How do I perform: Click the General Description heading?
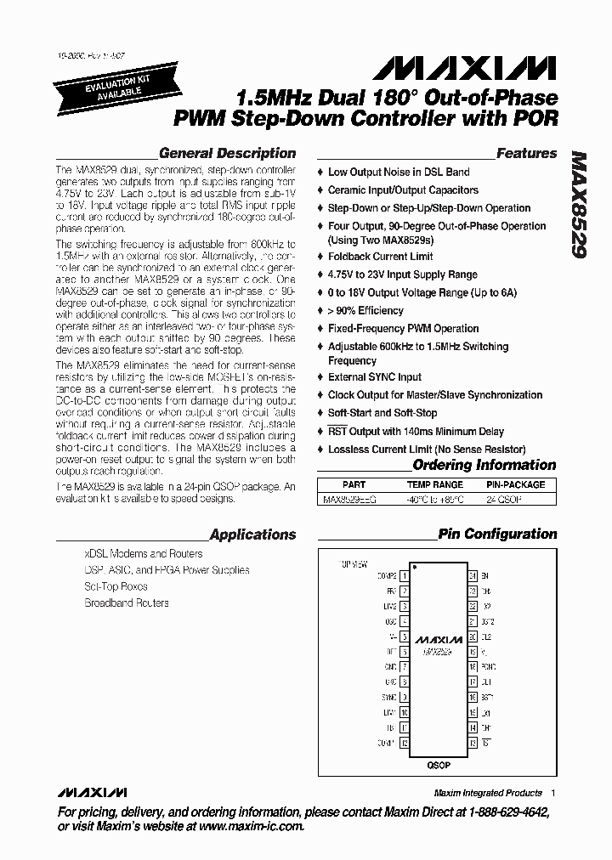pos(227,154)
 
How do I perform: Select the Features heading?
pos(526,154)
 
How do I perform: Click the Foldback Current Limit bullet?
pos(380,257)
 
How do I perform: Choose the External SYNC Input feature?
pos(374,377)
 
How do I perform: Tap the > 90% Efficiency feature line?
pos(365,311)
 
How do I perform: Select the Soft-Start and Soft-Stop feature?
pos(382,412)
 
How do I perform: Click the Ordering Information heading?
pos(484,465)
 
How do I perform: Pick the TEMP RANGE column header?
pos(436,484)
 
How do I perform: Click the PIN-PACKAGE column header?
pos(516,484)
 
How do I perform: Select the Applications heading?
pos(252,535)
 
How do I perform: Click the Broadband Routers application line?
pos(126,603)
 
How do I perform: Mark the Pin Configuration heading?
pos(497,535)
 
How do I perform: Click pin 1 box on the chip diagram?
pos(404,576)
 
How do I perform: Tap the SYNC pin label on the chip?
pos(389,697)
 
